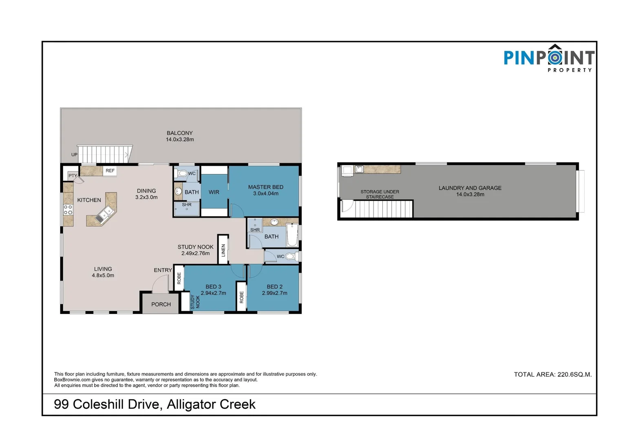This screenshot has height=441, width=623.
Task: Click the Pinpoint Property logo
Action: point(549,58)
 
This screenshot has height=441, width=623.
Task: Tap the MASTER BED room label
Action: point(265,187)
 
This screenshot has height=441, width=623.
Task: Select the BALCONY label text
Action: point(179,133)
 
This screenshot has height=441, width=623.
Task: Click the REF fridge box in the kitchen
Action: point(110,171)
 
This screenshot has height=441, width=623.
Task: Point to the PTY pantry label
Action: point(73,176)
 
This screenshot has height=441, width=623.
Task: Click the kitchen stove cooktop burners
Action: point(68,210)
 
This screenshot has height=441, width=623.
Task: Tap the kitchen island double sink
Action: point(104,215)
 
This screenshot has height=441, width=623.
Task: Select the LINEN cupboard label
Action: point(223,250)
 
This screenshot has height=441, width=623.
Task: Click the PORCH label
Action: point(161,304)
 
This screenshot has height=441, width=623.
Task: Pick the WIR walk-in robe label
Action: point(214,192)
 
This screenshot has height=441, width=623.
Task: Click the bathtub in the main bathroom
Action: point(292,235)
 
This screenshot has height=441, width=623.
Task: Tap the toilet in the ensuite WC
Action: point(182,173)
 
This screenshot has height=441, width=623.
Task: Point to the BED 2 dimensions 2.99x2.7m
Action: point(274,293)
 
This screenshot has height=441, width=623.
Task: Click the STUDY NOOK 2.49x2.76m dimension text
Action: point(195,253)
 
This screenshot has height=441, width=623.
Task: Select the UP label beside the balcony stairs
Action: point(74,155)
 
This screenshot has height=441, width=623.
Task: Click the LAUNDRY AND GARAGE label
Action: point(470,188)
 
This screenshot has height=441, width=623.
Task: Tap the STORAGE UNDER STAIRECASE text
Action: point(380,194)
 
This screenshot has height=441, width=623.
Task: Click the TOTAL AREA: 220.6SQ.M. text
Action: point(552,374)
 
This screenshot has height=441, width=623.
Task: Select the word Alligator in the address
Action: point(191,404)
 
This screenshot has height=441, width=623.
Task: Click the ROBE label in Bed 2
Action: point(241,297)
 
